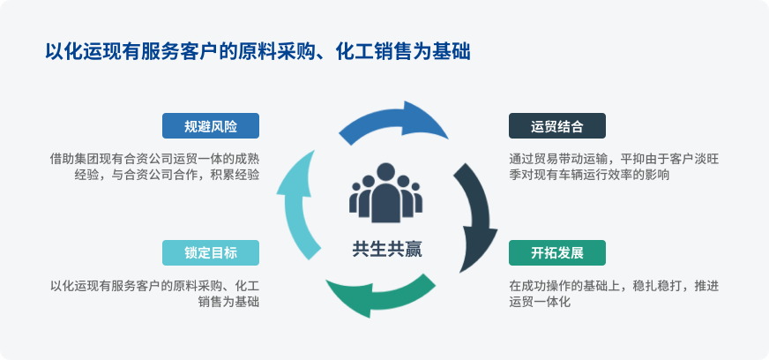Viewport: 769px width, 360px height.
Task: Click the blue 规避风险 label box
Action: (x=211, y=126)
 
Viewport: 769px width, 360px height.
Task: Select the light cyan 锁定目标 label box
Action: (x=211, y=252)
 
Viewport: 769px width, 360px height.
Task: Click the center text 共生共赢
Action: (x=386, y=249)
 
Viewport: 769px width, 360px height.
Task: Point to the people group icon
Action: (x=386, y=191)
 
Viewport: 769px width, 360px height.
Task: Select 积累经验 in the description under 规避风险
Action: (x=237, y=175)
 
